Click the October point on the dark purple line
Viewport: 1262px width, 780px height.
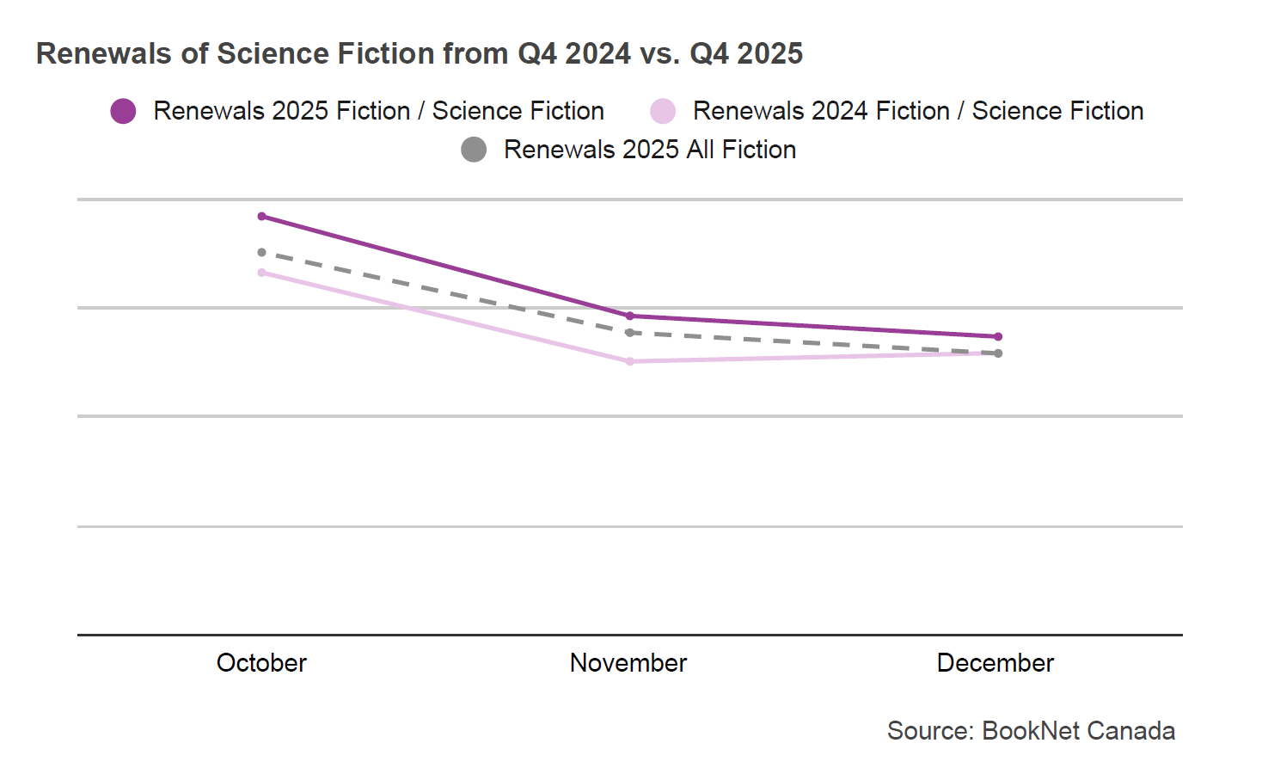pos(262,217)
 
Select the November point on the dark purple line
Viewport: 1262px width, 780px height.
pos(630,316)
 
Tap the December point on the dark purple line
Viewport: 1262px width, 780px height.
pos(998,337)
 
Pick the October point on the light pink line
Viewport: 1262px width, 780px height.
pos(262,273)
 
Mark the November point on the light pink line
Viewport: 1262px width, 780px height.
pos(630,362)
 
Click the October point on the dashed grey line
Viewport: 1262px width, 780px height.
pos(262,253)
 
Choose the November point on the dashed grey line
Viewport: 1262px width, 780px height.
pos(630,333)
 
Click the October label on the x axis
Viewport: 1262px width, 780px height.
pos(261,663)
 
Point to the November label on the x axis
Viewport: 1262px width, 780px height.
pos(628,663)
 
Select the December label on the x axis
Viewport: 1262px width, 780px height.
pos(996,663)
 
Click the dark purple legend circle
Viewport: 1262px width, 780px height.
pos(124,112)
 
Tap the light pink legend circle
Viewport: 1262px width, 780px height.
pos(663,112)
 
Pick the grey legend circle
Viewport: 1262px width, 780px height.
pos(474,150)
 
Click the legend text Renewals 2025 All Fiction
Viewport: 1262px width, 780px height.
pos(650,150)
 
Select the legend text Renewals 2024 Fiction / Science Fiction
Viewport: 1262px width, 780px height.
pos(918,112)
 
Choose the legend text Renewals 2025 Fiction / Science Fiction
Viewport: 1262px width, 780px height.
pos(378,112)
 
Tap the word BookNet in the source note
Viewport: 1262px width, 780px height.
pos(1030,731)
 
